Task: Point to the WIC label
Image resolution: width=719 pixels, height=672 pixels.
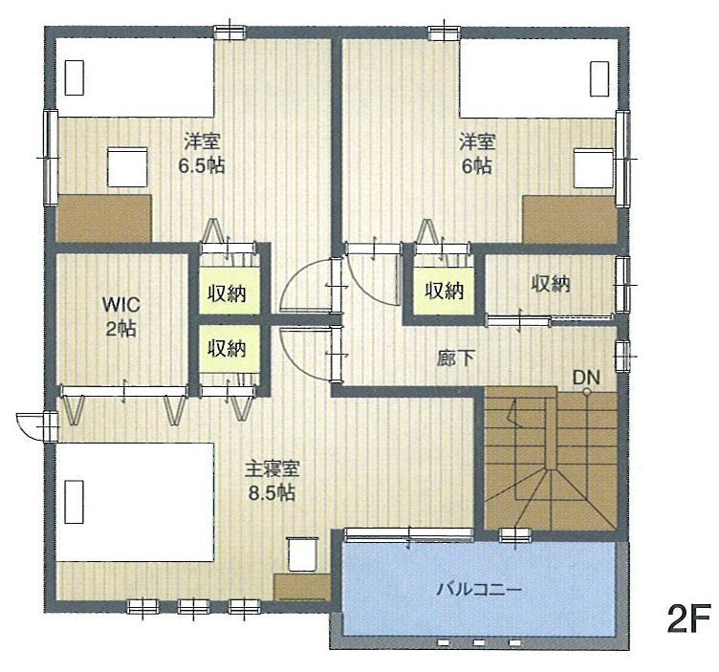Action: [x=121, y=306]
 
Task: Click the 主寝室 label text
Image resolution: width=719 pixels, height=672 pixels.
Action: [x=274, y=470]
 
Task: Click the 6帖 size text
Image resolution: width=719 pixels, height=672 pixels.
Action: [x=476, y=164]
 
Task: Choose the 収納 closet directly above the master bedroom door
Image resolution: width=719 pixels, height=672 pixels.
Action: [x=227, y=347]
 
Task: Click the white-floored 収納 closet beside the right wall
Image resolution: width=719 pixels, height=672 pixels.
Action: [x=550, y=284]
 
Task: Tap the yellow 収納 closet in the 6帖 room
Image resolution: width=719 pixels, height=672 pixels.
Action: [x=444, y=288]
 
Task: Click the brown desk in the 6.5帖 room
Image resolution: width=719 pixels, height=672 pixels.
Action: [x=104, y=217]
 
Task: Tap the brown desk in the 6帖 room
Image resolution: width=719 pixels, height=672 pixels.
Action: [x=571, y=219]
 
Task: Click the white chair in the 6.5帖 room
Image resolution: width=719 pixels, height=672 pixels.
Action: [x=126, y=167]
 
